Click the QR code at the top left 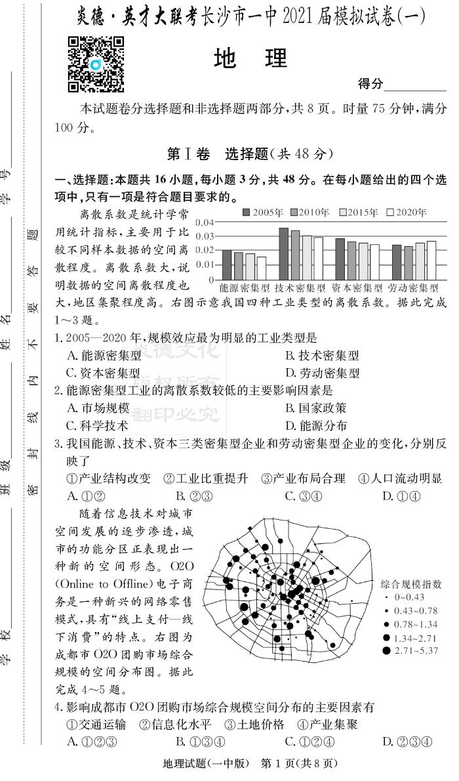coord(96,64)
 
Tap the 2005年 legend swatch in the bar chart coord(247,213)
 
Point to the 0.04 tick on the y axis coord(205,223)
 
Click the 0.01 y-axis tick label coord(205,264)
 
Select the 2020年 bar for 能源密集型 coord(261,268)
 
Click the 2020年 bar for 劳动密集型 coord(431,260)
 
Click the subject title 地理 coord(250,59)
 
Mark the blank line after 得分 coord(414,85)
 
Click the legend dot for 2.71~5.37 coord(386,650)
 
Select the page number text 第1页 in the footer coord(281,763)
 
